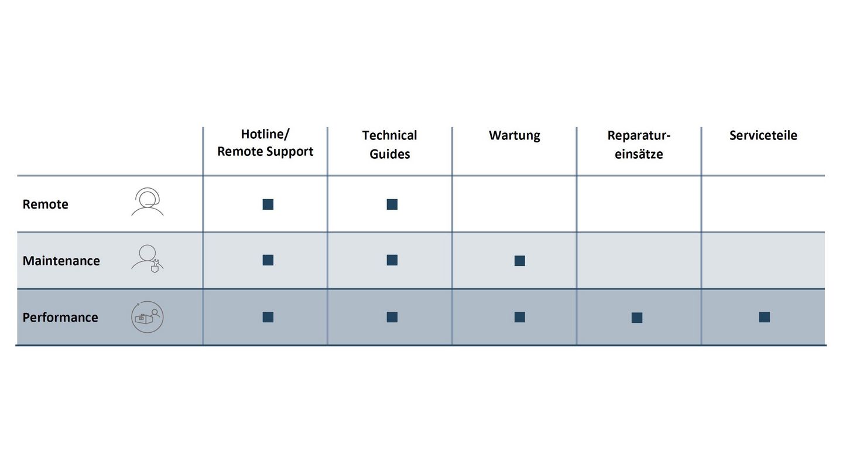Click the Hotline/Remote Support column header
pyautogui.click(x=265, y=143)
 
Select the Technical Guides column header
pyautogui.click(x=389, y=144)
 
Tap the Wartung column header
pyautogui.click(x=515, y=135)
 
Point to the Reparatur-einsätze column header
pyautogui.click(x=639, y=144)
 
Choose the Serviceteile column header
pyautogui.click(x=763, y=135)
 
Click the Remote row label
pyautogui.click(x=46, y=204)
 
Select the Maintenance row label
pyautogui.click(x=61, y=261)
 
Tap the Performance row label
pyautogui.click(x=60, y=317)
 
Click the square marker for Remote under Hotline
pyautogui.click(x=268, y=204)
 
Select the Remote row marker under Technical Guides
pyautogui.click(x=392, y=204)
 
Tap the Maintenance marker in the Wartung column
pyautogui.click(x=520, y=261)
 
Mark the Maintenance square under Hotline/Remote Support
pyautogui.click(x=268, y=260)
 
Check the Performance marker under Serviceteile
pyautogui.click(x=765, y=317)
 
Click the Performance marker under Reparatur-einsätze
pyautogui.click(x=637, y=318)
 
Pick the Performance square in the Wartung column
pyautogui.click(x=520, y=317)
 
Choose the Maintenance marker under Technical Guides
pyautogui.click(x=392, y=260)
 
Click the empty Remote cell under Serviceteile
pyautogui.click(x=763, y=204)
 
